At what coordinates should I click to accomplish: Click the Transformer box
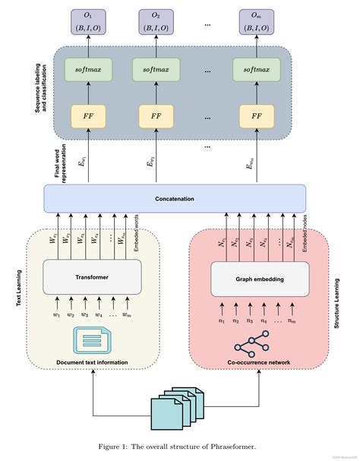click(x=93, y=277)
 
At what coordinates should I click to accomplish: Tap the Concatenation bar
click(x=175, y=199)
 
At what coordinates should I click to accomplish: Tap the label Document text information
click(x=92, y=362)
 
